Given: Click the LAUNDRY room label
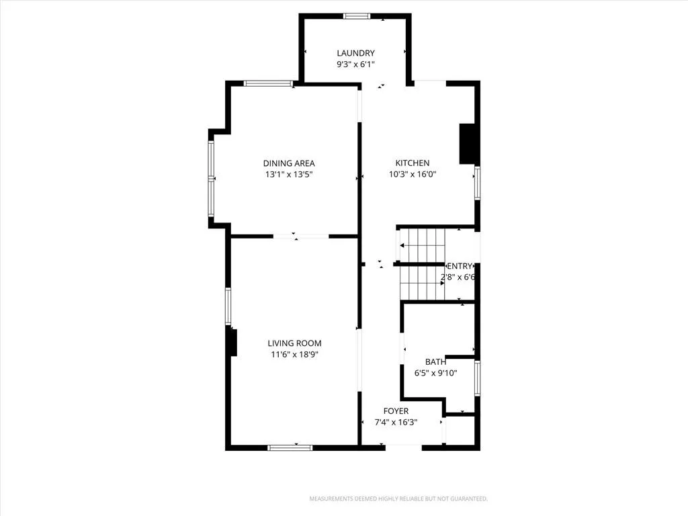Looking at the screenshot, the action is pos(356,53).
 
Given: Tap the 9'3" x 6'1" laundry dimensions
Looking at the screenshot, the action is pos(355,64).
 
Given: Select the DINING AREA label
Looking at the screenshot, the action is pos(289,163).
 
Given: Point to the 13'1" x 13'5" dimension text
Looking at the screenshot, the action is pos(289,175).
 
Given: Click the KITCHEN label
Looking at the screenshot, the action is pos(413,163).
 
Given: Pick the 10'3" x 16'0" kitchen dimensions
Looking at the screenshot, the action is pos(413,174).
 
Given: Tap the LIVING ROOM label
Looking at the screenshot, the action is pos(294,343).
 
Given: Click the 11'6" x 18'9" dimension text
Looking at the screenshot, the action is pos(294,355).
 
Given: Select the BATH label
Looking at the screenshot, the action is pos(435,362).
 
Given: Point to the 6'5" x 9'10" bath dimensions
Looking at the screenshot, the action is pos(435,374).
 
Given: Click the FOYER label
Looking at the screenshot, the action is pos(396,411).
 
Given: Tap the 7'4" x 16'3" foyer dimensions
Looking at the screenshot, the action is pos(396,423).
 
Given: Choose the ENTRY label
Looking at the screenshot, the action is pos(460,266).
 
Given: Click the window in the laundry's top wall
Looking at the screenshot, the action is pos(357,16).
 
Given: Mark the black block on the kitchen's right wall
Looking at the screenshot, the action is pos(468,144).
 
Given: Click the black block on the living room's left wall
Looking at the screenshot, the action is pos(233,343).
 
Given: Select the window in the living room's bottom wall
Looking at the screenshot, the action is pos(290,447).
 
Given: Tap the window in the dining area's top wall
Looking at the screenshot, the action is pos(268,83).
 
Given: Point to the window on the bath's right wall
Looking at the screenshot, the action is pos(478,378).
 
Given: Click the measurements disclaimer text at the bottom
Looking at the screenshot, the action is pos(398,499).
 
